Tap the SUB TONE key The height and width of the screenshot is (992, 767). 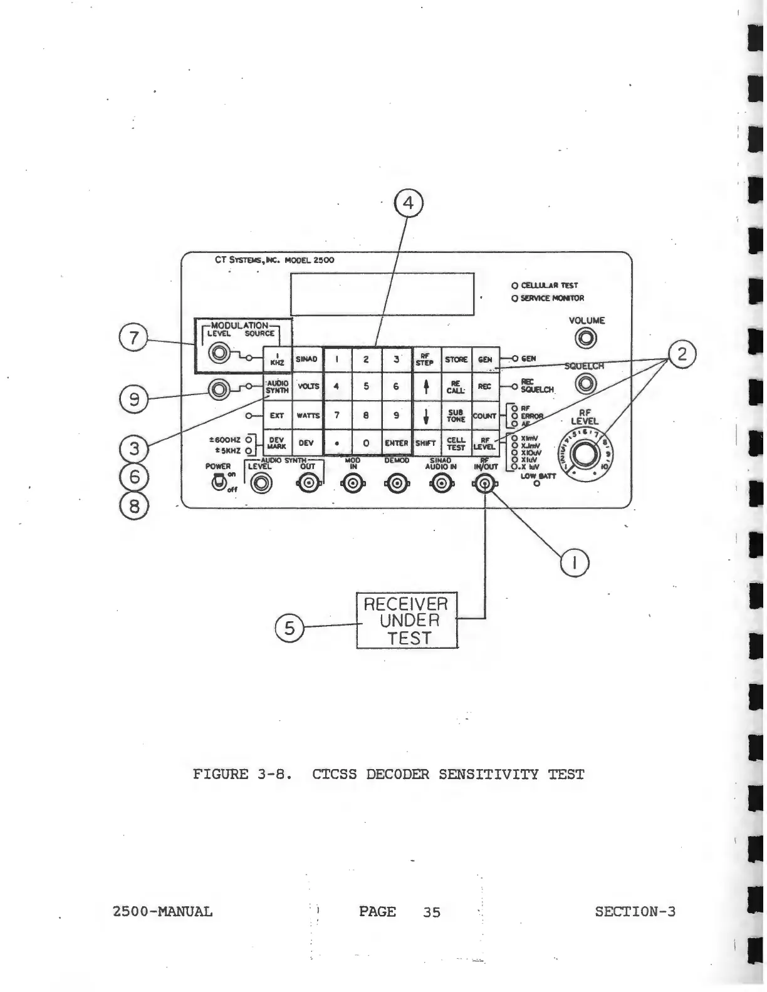(456, 416)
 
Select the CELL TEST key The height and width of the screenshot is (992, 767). (456, 443)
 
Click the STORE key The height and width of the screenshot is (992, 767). (456, 359)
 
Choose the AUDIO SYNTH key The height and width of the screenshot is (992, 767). (277, 387)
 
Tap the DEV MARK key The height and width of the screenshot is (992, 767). (277, 443)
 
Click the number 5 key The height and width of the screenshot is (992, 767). (366, 387)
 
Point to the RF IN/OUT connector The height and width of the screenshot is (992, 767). (484, 483)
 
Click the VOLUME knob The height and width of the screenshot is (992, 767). (587, 339)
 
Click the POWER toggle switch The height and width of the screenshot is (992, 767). (219, 482)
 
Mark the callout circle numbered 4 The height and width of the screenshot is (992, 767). (409, 204)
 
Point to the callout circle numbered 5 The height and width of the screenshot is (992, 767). (289, 628)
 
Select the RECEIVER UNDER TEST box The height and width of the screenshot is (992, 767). (407, 621)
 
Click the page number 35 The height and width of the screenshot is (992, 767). (431, 912)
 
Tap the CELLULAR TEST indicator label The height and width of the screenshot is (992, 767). (549, 285)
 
